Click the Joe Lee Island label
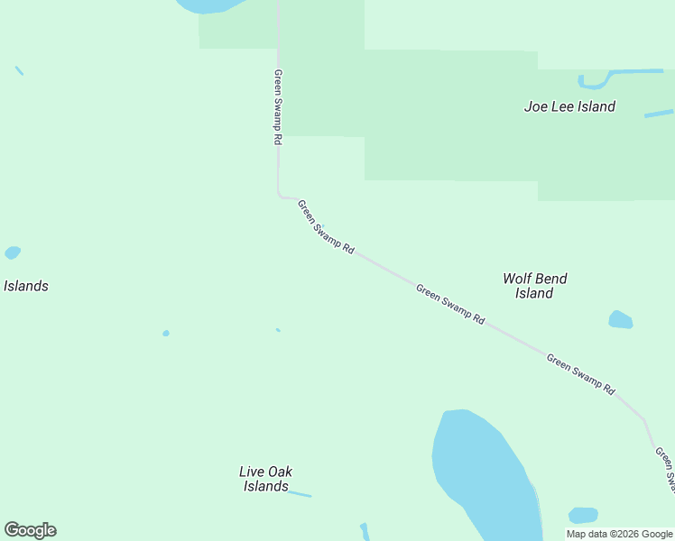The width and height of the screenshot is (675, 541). (x=569, y=106)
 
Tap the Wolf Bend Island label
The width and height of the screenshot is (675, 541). (x=534, y=286)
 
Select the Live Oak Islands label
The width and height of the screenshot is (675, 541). (x=265, y=479)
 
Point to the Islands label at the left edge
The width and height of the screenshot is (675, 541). (x=25, y=286)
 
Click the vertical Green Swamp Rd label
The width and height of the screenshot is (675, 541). (x=278, y=108)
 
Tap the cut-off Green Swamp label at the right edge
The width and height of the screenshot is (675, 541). (x=665, y=469)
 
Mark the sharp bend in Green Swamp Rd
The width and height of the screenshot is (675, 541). (x=280, y=194)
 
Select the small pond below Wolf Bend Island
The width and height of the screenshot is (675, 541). (x=620, y=319)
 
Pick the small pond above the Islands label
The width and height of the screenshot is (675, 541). (x=12, y=252)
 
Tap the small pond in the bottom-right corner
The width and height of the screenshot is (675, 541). (x=583, y=516)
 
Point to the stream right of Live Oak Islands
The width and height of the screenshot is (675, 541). (x=299, y=493)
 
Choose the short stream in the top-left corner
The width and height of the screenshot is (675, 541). (x=19, y=70)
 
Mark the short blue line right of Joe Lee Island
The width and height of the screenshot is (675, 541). (x=659, y=114)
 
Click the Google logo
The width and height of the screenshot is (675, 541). (x=30, y=530)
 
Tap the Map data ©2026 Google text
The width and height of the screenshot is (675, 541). (x=620, y=534)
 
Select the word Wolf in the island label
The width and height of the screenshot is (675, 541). (x=518, y=279)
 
